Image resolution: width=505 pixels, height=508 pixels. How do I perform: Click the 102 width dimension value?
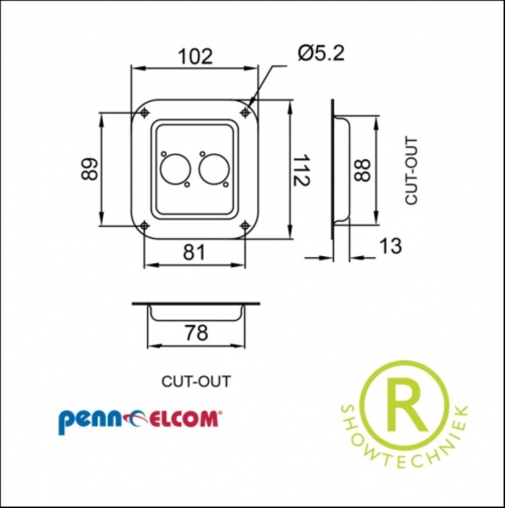pos(195,57)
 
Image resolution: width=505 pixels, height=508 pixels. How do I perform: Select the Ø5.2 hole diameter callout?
pos(321,53)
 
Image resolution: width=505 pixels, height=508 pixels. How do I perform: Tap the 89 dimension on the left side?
pos(89,169)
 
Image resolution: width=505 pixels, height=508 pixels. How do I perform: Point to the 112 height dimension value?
pos(301,170)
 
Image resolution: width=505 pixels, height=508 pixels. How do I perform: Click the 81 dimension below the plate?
pos(194,253)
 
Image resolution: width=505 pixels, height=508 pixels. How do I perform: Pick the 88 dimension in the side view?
pos(361,170)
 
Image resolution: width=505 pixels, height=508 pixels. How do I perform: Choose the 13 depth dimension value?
pos(390,246)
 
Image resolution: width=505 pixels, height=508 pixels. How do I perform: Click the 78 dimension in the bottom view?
pos(196,333)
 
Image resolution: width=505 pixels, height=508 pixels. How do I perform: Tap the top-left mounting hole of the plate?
pos(144,113)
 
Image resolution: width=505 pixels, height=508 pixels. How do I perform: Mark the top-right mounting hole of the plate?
pos(245,112)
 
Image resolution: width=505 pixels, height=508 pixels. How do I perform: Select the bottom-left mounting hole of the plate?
pos(144,225)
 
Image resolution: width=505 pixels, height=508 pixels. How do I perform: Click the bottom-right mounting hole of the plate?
pos(245,225)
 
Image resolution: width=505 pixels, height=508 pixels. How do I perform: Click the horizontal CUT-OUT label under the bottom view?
pos(195,382)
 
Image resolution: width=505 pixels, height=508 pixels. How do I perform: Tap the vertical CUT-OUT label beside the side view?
pos(411,170)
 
